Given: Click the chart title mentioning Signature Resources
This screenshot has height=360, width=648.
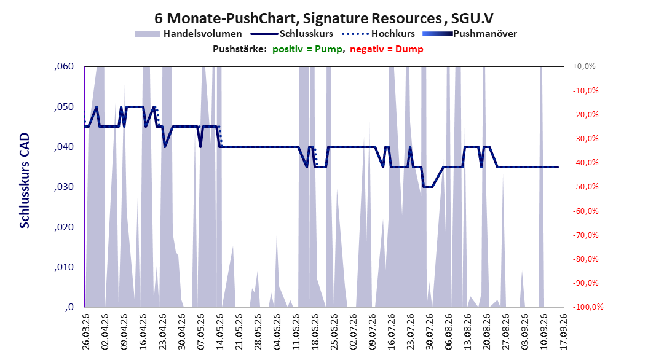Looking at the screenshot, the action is coord(323,18).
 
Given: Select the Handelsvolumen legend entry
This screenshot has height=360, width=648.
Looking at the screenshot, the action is coord(188,34).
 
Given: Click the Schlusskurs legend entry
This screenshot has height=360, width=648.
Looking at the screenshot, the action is coord(292,34).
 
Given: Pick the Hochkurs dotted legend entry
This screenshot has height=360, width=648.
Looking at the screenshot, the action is coord(378,34).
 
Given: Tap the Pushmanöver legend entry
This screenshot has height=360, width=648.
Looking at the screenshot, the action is coord(470,34).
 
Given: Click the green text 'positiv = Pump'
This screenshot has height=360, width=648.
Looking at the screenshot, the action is coord(307,49).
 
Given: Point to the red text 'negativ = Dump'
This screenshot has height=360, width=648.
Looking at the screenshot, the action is coord(387,49).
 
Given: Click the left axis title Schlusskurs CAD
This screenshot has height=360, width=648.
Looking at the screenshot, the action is coord(25,181).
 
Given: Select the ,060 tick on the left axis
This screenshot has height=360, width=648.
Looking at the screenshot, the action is coord(64,66).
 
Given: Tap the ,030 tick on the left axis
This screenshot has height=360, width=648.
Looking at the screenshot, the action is coord(64,187).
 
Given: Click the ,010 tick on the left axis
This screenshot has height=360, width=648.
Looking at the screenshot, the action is coord(64,267).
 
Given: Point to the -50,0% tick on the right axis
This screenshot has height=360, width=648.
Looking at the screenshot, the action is coord(585,187).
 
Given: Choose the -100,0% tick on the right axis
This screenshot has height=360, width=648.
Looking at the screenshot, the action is coord(588,307).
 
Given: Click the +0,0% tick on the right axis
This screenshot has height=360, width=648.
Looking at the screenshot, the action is coord(584,66).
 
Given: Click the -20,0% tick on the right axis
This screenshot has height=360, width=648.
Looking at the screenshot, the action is coord(585,114).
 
